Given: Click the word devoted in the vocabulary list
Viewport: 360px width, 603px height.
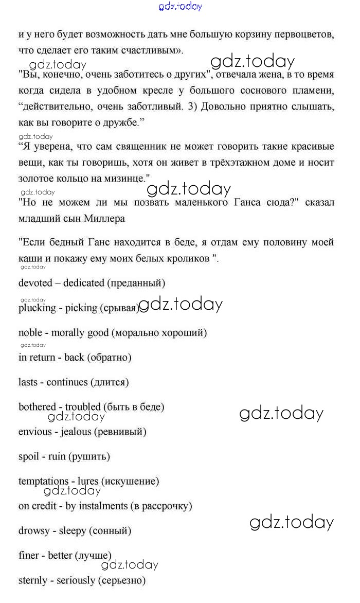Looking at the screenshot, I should click(35, 283).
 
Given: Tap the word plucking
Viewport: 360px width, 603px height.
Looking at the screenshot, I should click(37, 308).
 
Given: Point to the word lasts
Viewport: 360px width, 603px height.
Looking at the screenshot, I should click(29, 382).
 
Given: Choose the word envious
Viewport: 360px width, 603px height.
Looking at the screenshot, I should click(35, 431).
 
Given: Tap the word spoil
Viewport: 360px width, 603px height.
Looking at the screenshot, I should click(29, 456).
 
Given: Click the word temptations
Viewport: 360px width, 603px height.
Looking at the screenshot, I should click(43, 481).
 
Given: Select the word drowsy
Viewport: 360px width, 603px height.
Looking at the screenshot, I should click(34, 530).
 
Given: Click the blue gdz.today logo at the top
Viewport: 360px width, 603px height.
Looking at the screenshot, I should click(181, 7).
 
